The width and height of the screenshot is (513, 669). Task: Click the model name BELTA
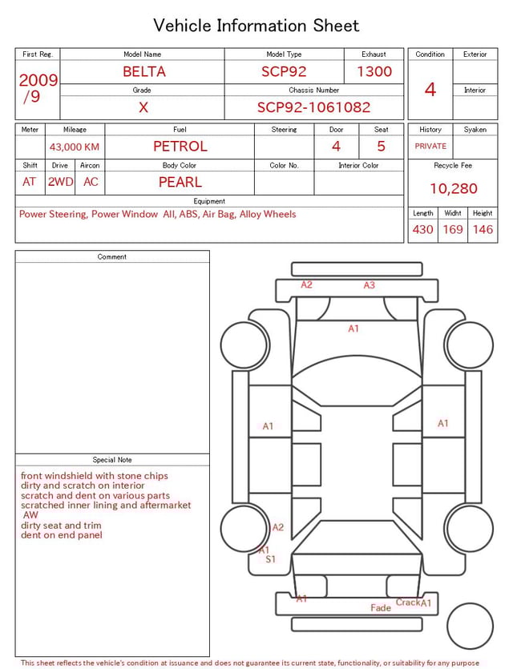pyautogui.click(x=144, y=71)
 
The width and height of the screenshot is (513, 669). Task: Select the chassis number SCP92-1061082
pyautogui.click(x=313, y=107)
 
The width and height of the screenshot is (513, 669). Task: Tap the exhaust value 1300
pyautogui.click(x=374, y=71)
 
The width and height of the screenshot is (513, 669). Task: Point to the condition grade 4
pyautogui.click(x=430, y=89)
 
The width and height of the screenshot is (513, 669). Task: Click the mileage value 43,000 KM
pyautogui.click(x=75, y=147)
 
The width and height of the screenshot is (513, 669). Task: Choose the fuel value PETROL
pyautogui.click(x=180, y=146)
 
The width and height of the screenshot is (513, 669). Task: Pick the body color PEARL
pyautogui.click(x=180, y=182)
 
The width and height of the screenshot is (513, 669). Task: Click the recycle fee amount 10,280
pyautogui.click(x=453, y=189)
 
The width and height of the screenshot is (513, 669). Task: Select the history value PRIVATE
pyautogui.click(x=430, y=146)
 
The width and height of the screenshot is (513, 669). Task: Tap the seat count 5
pyautogui.click(x=381, y=146)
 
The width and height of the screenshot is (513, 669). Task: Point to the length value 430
pyautogui.click(x=422, y=229)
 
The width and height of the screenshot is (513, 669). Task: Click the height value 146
pyautogui.click(x=483, y=229)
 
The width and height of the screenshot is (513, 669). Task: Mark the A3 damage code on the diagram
pyautogui.click(x=370, y=285)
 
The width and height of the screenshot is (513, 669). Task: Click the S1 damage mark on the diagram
pyautogui.click(x=270, y=559)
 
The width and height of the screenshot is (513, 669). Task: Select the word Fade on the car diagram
pyautogui.click(x=381, y=608)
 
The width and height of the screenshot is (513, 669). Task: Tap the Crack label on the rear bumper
pyautogui.click(x=407, y=603)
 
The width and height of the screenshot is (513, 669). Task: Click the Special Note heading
pyautogui.click(x=112, y=460)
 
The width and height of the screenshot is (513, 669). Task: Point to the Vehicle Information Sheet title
pyautogui.click(x=256, y=26)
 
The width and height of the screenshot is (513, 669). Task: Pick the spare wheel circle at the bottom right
pyautogui.click(x=471, y=626)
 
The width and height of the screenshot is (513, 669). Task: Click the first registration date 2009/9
pyautogui.click(x=38, y=88)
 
